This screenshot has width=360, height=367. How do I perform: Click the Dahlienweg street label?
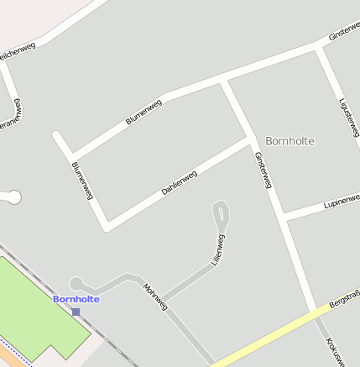tap(179, 183)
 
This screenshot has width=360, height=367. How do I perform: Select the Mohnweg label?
tap(155, 296)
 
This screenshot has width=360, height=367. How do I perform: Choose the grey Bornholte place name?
tap(290, 141)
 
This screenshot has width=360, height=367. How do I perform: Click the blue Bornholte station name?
tap(76, 299)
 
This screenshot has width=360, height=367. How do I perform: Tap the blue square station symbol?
tap(76, 312)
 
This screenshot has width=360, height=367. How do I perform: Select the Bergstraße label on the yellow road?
tap(344, 298)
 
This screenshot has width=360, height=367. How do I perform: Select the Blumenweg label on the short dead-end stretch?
tap(81, 181)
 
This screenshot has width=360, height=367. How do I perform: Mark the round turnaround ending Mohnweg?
tap(76, 284)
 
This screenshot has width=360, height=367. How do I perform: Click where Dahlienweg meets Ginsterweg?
tap(250, 141)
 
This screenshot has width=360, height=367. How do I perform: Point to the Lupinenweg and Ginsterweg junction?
tap(285, 218)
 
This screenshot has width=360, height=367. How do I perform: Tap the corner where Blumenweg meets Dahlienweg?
tap(107, 227)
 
